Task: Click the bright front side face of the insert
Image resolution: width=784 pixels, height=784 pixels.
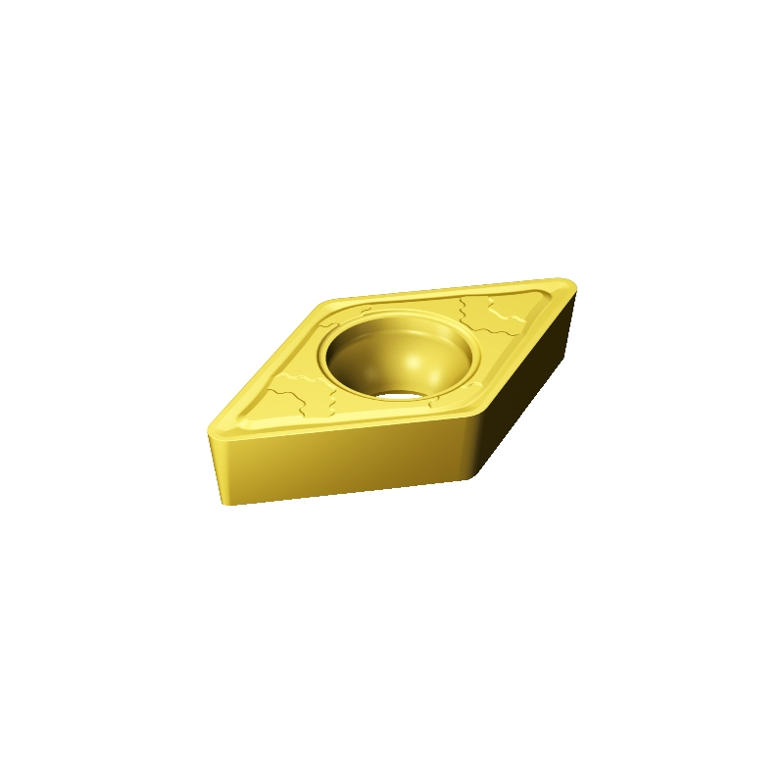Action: [343, 461]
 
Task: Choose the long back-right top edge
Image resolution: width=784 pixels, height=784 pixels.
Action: [451, 289]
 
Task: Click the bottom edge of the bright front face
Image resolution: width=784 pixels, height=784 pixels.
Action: [343, 493]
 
